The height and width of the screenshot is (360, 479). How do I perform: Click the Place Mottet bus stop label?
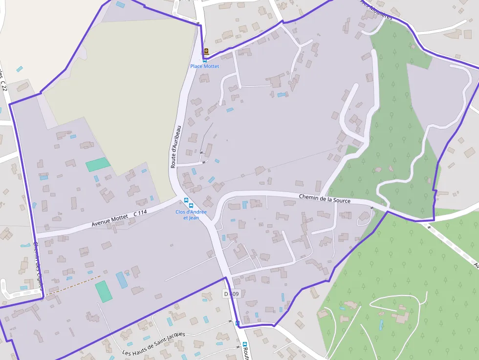pos(205,66)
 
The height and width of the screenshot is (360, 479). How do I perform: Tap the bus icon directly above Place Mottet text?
pos(205,61)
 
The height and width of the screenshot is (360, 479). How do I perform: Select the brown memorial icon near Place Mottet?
pos(206,51)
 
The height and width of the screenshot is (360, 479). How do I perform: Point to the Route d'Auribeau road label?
pos(175,147)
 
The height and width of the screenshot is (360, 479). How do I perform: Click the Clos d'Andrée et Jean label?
pos(191,214)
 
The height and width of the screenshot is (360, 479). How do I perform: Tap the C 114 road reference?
pos(140,213)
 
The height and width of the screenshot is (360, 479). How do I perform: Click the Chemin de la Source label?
pos(325,198)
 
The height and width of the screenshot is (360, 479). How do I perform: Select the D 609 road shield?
pos(231,294)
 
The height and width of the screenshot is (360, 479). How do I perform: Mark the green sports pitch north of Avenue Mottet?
pos(98,164)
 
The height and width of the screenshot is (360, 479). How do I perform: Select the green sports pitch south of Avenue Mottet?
pos(104,291)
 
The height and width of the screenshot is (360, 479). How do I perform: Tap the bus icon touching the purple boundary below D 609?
pos(237,323)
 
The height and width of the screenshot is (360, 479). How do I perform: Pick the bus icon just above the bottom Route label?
pos(245,344)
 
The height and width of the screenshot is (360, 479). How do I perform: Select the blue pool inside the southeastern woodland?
pos(381,325)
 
